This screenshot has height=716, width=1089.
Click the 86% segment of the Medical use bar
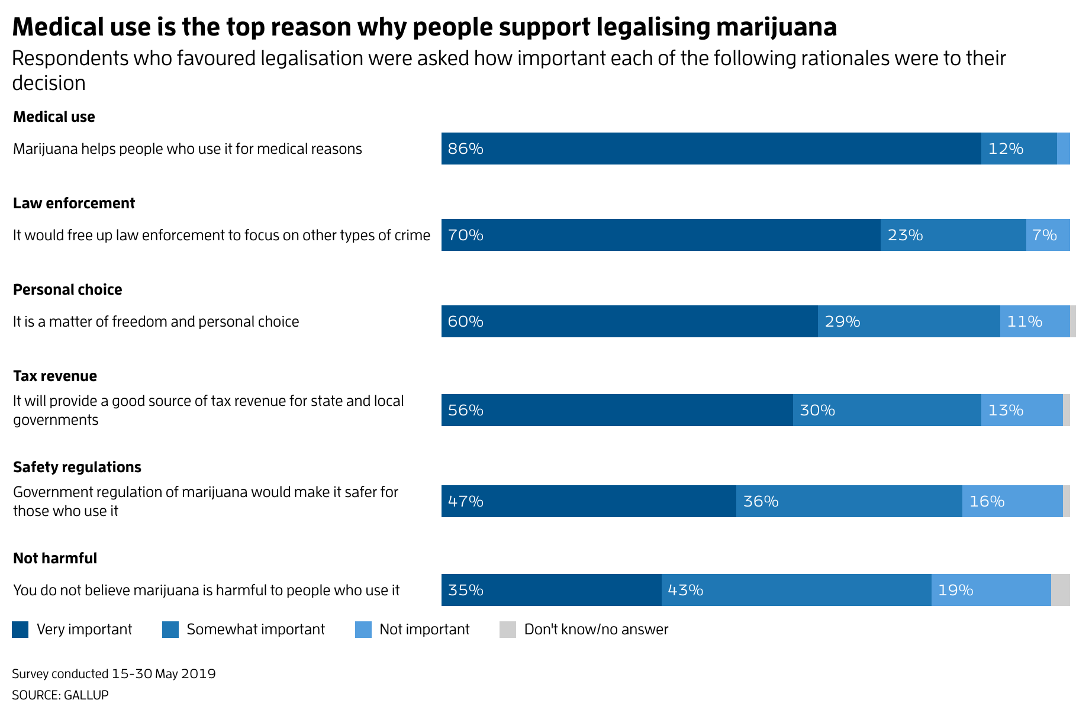click(710, 149)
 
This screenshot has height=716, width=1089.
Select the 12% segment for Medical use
click(1019, 149)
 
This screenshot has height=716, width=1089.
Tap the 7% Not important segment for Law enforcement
click(1048, 235)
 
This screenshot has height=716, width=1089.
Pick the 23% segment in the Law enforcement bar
click(953, 235)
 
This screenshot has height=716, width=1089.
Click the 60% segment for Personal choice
click(629, 321)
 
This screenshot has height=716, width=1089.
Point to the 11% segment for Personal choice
click(1035, 321)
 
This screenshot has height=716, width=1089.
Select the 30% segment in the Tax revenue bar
click(887, 410)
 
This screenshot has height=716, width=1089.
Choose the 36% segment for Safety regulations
click(849, 501)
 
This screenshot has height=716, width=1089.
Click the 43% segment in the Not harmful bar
click(796, 590)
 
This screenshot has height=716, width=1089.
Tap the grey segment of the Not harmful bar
click(1060, 590)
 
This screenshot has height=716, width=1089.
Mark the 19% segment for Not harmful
click(991, 590)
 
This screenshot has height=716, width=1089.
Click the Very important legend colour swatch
click(20, 630)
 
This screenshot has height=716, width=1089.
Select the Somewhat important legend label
click(256, 630)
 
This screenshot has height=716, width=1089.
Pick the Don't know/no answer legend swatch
click(508, 630)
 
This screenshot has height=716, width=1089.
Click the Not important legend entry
click(424, 630)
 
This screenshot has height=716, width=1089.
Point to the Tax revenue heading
click(55, 376)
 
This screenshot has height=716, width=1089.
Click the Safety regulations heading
click(77, 467)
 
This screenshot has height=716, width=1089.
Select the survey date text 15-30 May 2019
click(163, 674)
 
